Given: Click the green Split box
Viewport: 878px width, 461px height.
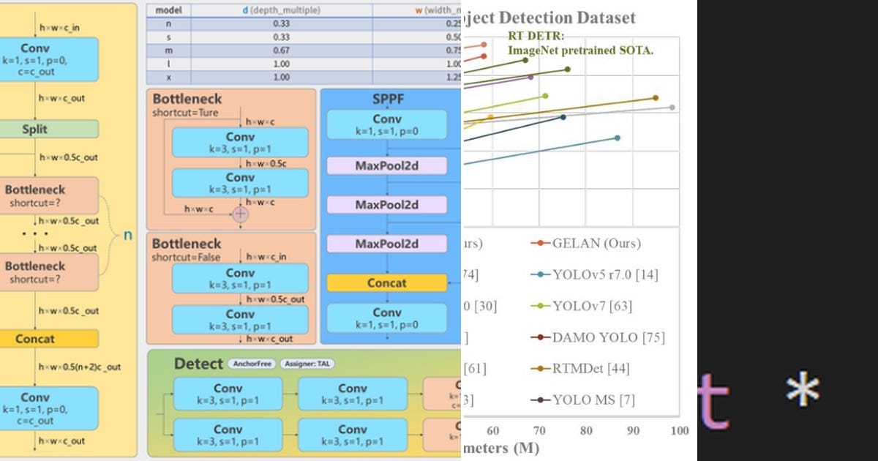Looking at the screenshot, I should pos(34,129).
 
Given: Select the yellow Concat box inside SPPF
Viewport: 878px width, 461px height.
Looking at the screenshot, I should pos(386,282).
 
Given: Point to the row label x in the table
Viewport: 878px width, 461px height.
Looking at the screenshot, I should pos(169,77).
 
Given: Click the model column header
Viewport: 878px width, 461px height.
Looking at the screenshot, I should pos(169,11).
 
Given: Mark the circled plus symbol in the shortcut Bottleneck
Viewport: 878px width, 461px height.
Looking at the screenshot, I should pos(240,214).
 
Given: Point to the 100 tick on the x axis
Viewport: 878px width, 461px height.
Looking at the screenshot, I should pos(680,430).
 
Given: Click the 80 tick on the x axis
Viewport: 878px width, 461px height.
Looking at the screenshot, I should pos(586,430).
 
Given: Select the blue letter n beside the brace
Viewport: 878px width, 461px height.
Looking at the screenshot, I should pos(127,236).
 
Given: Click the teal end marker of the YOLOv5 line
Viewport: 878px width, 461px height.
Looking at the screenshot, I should pos(618,138).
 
